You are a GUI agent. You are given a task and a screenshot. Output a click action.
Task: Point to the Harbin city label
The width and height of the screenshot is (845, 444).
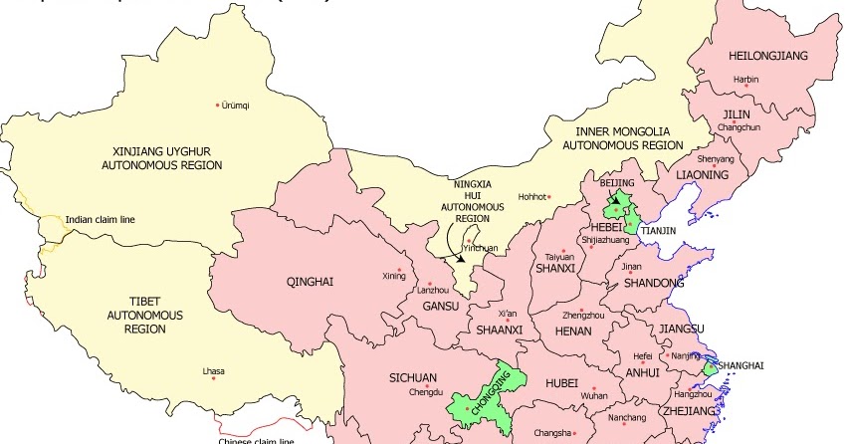click(745, 79)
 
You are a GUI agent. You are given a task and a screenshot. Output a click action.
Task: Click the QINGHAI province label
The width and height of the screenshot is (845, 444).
click(309, 282)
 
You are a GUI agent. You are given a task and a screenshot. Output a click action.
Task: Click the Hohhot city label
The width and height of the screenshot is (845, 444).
click(533, 196)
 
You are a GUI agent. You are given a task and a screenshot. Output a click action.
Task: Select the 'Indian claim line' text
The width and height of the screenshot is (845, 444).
click(101, 219)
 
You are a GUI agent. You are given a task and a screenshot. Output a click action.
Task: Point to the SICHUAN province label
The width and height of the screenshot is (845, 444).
click(412, 377)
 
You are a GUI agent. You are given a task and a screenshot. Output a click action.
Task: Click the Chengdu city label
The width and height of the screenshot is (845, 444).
click(424, 392)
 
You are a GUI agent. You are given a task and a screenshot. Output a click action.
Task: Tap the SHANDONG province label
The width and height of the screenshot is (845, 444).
click(653, 284)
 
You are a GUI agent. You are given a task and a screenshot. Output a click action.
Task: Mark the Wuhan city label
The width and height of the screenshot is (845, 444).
click(595, 395)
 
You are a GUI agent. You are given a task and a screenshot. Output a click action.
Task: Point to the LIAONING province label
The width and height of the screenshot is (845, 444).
click(703, 175)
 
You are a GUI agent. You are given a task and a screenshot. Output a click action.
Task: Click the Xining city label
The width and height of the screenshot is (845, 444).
click(394, 276)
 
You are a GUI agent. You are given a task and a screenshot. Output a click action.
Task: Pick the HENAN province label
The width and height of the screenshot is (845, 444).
click(572, 330)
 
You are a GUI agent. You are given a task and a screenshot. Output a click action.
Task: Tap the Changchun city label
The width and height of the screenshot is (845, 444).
click(739, 127)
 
